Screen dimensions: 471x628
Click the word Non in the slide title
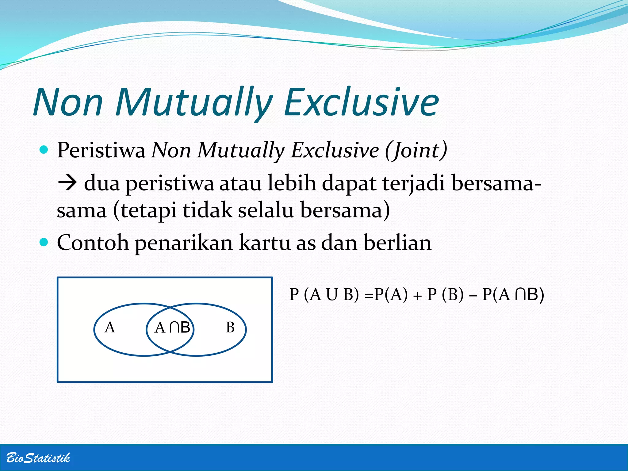[x=68, y=102]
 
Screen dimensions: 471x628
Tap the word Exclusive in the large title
[x=362, y=102]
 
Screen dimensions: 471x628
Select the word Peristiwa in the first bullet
[x=101, y=150]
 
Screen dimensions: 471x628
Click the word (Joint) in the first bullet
[x=416, y=150]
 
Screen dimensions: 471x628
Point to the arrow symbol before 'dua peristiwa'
[x=67, y=183]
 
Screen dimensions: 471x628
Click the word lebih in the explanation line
[x=292, y=183]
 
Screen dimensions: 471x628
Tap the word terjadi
[x=414, y=183]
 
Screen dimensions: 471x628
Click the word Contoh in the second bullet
[x=93, y=243]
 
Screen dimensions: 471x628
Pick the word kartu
[x=265, y=243]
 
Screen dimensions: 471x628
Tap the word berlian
[x=398, y=243]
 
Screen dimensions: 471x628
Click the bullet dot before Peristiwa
[x=44, y=150]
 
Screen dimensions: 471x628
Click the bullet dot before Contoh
[x=44, y=243]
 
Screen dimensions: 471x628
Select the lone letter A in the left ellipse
[x=110, y=327]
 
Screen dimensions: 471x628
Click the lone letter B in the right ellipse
[x=230, y=327]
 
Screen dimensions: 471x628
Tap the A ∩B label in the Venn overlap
[x=172, y=327]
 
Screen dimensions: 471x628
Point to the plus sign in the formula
[x=417, y=296]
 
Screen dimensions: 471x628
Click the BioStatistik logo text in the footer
[x=38, y=458]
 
